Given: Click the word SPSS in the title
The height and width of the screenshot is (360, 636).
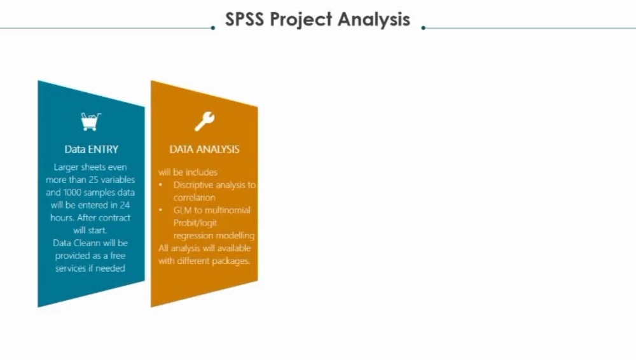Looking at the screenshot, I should pyautogui.click(x=245, y=19).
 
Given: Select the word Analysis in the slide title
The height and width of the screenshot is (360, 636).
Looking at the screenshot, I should pyautogui.click(x=374, y=20).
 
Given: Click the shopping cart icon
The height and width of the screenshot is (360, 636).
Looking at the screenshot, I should pyautogui.click(x=91, y=121).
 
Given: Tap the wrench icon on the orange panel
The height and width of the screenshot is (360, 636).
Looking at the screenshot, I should pyautogui.click(x=204, y=121).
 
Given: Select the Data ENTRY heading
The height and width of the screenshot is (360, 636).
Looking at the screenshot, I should pyautogui.click(x=91, y=149).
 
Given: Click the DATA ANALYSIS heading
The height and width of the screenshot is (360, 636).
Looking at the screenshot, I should pyautogui.click(x=204, y=149).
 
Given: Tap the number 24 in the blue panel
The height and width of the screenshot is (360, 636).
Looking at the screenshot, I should pyautogui.click(x=125, y=205).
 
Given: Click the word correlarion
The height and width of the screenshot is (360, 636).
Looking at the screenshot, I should pyautogui.click(x=194, y=198).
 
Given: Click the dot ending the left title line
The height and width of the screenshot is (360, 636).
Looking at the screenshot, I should pyautogui.click(x=213, y=28).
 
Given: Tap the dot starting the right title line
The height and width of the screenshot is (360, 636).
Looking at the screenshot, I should pyautogui.click(x=423, y=28).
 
